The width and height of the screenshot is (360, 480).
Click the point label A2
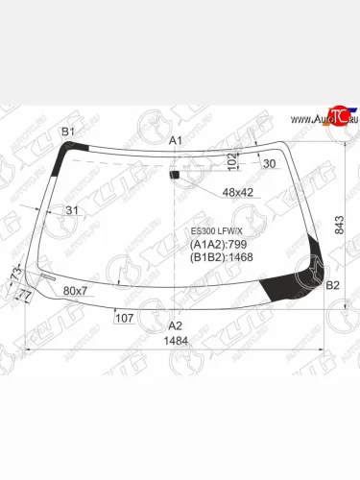click(175, 324)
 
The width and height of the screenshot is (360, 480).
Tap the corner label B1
click(68, 130)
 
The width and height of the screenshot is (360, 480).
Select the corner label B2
click(333, 285)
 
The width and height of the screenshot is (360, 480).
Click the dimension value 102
click(233, 156)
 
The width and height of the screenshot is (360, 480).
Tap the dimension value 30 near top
click(269, 163)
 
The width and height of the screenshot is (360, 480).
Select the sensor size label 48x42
click(237, 192)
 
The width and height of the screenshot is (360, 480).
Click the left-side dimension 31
click(72, 210)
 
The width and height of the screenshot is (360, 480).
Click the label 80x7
click(75, 290)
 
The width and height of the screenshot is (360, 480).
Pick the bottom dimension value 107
click(124, 318)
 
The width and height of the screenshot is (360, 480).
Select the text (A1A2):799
click(216, 245)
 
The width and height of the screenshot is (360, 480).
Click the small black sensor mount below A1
click(174, 174)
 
